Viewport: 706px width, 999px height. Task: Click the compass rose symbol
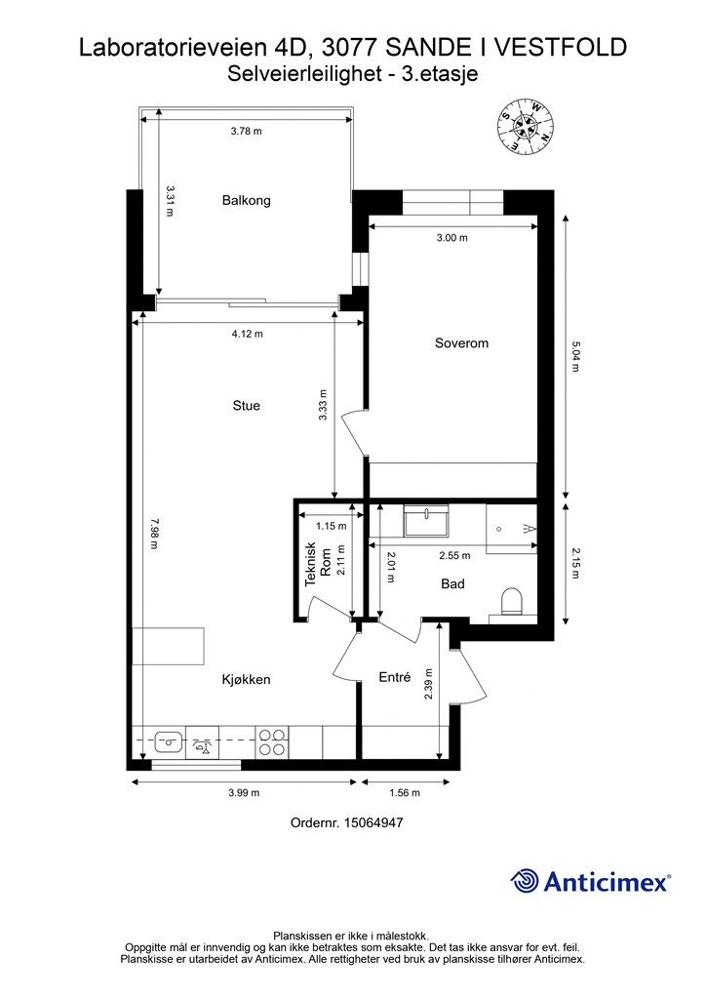526,126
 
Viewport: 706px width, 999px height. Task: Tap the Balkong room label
247,200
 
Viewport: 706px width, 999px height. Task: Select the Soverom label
461,342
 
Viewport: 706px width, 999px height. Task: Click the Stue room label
247,405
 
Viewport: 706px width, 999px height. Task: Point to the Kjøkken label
247,679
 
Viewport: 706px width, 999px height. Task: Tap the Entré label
395,677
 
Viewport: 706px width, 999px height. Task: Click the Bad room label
452,583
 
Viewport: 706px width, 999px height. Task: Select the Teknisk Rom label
318,564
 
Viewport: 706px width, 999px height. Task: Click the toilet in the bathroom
512,601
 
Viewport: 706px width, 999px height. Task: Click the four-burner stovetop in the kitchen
272,742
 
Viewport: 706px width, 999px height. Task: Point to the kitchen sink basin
170,742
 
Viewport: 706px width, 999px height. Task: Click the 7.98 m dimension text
153,534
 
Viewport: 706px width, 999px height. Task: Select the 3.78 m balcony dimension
247,132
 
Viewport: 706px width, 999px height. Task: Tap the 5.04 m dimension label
575,357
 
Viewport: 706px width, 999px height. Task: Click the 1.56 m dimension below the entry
405,792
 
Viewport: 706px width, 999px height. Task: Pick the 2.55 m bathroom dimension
454,555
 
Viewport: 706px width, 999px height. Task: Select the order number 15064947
373,822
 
